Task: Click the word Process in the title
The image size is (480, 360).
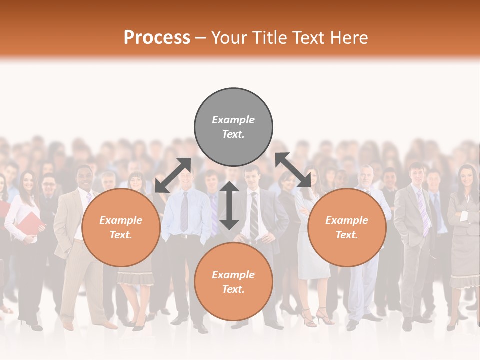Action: (x=157, y=37)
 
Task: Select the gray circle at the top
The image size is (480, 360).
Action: (x=233, y=127)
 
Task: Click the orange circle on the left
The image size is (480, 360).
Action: (x=121, y=228)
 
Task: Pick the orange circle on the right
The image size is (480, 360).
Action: (x=347, y=228)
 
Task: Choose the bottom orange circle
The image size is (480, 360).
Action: (x=233, y=282)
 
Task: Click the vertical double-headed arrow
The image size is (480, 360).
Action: (x=229, y=205)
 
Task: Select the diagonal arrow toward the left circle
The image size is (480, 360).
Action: (x=173, y=175)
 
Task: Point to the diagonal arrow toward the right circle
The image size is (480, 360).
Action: (x=293, y=170)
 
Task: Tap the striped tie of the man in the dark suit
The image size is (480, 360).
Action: (x=254, y=215)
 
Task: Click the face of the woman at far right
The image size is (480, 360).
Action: (x=466, y=177)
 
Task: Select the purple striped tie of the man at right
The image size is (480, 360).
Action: (x=423, y=212)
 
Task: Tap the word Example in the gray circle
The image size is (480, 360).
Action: (x=233, y=120)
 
